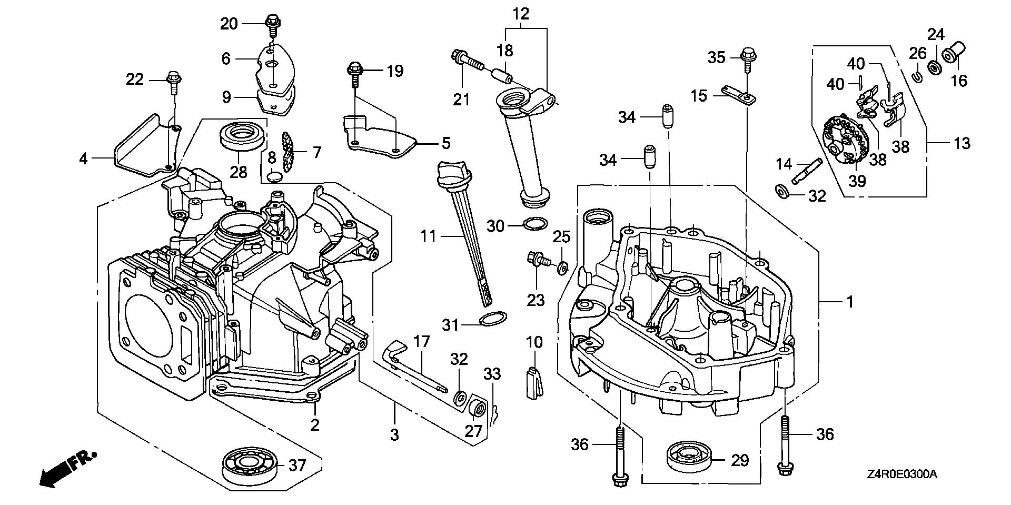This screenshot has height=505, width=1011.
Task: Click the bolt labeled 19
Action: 354,70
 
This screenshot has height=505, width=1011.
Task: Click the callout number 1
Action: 849,302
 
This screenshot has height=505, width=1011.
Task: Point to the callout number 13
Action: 962,143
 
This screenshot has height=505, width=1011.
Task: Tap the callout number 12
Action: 521,13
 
